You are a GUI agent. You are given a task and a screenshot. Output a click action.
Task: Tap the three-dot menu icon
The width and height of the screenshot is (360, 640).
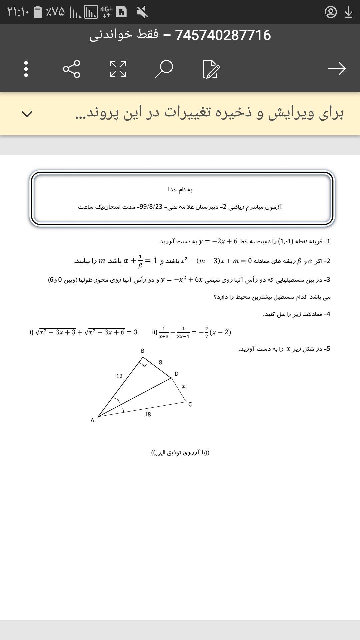click(26, 69)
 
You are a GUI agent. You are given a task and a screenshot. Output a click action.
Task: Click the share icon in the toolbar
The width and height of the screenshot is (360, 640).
click(72, 69)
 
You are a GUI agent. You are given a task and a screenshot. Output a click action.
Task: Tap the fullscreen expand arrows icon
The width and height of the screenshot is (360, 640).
click(118, 69)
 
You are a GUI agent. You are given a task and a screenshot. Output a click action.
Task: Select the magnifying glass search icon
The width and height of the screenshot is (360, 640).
click(164, 69)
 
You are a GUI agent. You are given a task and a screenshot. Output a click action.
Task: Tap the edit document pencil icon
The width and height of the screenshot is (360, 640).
click(211, 69)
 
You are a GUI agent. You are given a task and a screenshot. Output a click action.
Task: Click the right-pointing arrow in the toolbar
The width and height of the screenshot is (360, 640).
click(337, 69)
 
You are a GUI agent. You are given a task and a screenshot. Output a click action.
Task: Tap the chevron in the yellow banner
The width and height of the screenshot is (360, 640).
click(27, 114)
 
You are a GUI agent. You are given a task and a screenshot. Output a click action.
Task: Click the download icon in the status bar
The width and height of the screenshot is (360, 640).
click(349, 12)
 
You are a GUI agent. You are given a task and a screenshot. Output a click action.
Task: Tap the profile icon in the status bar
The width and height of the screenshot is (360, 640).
click(331, 12)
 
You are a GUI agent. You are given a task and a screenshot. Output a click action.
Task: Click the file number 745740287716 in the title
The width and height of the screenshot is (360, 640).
click(223, 35)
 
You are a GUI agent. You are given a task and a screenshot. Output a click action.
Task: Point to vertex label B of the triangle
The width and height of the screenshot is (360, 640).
click(143, 351)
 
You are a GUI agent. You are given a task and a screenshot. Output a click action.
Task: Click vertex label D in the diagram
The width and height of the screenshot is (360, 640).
click(177, 374)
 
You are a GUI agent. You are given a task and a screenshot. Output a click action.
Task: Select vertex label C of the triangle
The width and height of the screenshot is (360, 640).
click(190, 404)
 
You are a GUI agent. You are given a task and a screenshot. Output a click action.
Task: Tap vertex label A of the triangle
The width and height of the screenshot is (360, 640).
click(92, 421)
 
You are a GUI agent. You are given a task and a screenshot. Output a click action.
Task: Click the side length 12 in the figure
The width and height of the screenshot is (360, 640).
click(119, 376)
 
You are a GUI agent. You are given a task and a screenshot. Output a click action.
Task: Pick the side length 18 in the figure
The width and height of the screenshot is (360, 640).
click(148, 414)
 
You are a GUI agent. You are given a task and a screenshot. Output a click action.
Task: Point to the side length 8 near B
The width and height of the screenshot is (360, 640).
click(160, 362)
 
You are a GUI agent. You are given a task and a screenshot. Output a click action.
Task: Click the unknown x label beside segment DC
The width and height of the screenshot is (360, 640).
click(183, 386)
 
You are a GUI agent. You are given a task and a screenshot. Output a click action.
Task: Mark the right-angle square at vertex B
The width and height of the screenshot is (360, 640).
click(144, 362)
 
